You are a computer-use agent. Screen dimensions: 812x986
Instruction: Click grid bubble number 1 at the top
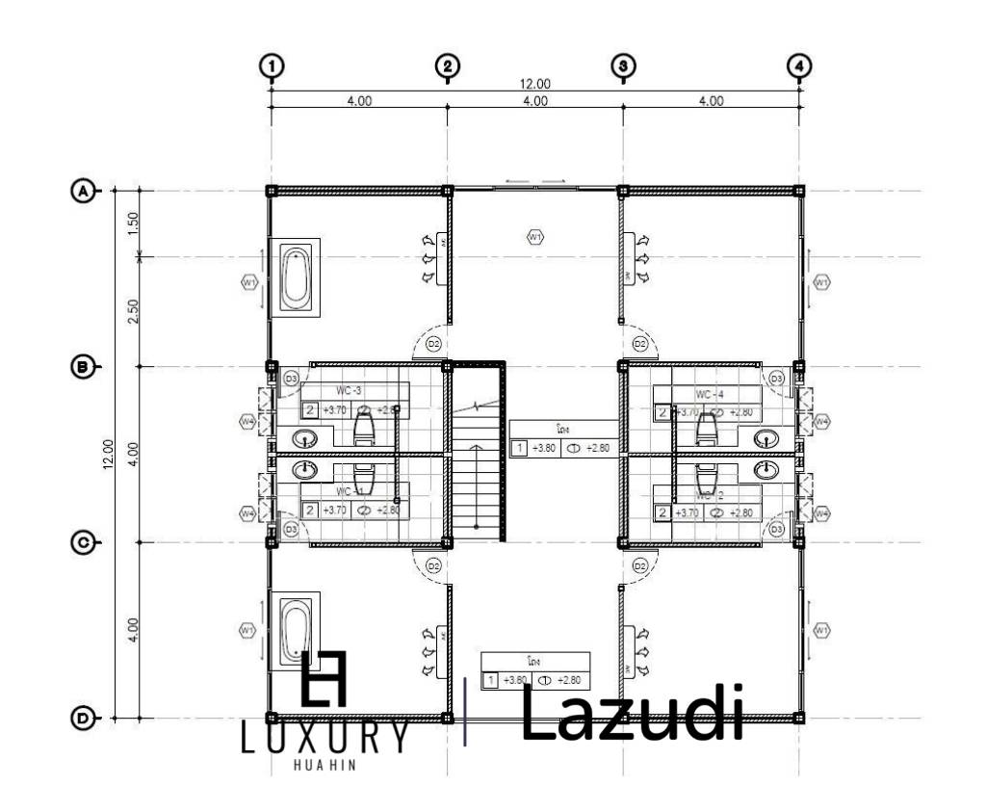[272, 65]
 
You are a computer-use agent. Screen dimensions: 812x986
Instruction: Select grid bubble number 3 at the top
[623, 65]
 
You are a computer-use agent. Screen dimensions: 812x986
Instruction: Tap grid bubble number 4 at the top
[798, 65]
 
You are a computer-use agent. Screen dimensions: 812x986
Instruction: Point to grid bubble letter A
[85, 191]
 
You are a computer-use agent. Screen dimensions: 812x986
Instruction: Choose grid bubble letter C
[85, 542]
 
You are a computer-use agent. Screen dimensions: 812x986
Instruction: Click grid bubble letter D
[85, 718]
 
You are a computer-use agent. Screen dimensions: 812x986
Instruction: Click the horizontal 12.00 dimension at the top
[535, 84]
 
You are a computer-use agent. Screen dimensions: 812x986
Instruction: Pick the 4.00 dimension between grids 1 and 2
[359, 101]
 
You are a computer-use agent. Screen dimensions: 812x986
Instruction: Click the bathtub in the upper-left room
[297, 275]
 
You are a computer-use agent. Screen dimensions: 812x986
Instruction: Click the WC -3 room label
[349, 390]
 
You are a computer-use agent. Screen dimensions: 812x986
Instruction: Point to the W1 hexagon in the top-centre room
[535, 235]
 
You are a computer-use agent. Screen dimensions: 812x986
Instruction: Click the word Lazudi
[633, 715]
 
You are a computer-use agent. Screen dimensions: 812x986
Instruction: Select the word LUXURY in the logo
[324, 739]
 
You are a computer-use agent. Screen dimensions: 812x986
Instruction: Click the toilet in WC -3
[364, 423]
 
